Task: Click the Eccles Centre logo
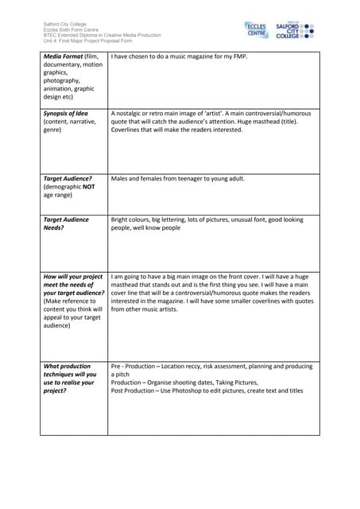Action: (256, 30)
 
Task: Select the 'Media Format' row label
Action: (64, 57)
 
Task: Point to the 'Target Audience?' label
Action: (67, 178)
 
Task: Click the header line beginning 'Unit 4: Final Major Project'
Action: (87, 41)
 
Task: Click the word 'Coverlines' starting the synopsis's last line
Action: (128, 130)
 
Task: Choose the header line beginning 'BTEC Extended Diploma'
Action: (101, 36)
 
